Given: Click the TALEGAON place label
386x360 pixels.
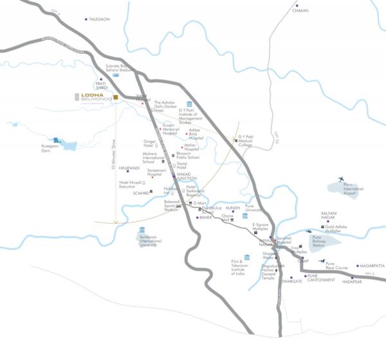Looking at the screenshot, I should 100,19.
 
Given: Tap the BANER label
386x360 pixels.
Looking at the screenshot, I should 206,217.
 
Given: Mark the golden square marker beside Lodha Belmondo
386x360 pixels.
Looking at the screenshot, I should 116,98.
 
